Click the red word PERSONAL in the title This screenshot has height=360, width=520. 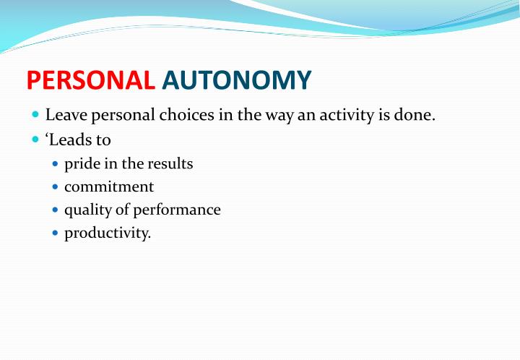pyautogui.click(x=91, y=80)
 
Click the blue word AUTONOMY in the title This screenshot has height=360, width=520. pyautogui.click(x=237, y=80)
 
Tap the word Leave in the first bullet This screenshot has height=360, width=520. pyautogui.click(x=64, y=116)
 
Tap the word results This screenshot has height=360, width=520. pyautogui.click(x=170, y=164)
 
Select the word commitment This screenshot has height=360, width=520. pyautogui.click(x=109, y=187)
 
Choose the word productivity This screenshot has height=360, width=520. pyautogui.click(x=108, y=233)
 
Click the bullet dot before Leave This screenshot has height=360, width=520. pyautogui.click(x=36, y=116)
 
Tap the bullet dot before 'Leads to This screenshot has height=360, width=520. pyautogui.click(x=36, y=140)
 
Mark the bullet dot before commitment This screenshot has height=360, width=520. pyautogui.click(x=56, y=187)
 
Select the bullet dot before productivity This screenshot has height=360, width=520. pyautogui.click(x=56, y=233)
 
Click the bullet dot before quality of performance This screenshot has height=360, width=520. pyautogui.click(x=56, y=210)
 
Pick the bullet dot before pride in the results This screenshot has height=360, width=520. pyautogui.click(x=56, y=164)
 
